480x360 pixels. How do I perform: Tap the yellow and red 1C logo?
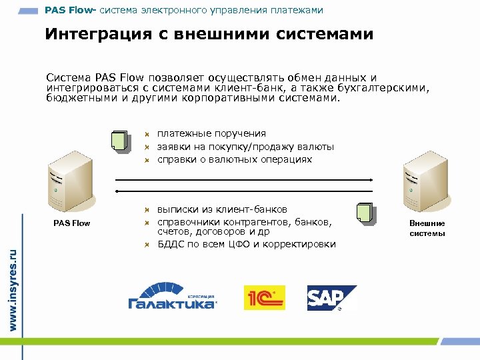click(264, 297)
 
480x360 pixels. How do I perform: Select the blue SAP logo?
click(331, 297)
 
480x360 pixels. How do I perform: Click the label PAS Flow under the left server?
click(71, 223)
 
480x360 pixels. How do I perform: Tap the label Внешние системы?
click(427, 228)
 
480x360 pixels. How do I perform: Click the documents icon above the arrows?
click(119, 140)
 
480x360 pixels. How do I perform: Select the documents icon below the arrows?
click(365, 212)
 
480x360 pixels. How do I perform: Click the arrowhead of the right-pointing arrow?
click(369, 179)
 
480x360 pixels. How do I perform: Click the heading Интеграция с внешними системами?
click(209, 34)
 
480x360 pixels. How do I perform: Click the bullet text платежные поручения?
click(211, 133)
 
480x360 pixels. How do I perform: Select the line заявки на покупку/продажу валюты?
click(245, 147)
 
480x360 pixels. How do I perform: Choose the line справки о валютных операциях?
click(234, 159)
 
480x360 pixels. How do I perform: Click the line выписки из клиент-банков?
click(222, 209)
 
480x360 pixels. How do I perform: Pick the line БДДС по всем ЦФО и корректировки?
click(246, 244)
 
